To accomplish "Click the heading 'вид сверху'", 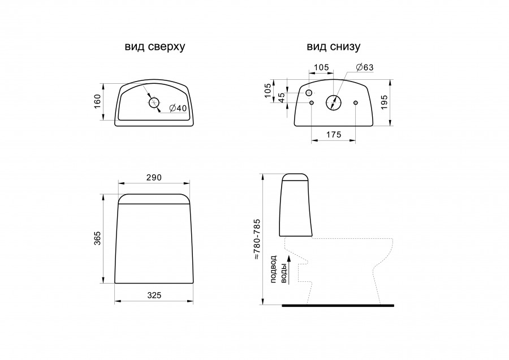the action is tap(155, 46).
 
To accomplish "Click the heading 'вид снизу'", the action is tap(333, 46).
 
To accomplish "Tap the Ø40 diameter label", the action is tap(178, 108).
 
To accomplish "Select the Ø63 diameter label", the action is tap(365, 67).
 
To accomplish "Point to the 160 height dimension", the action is tap(97, 101).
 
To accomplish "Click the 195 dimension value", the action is tap(384, 102).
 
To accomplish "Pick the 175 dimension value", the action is tap(334, 134).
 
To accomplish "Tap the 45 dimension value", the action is tap(282, 97).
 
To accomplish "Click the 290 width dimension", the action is tap(153, 177).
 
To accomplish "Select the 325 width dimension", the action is tap(154, 295).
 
